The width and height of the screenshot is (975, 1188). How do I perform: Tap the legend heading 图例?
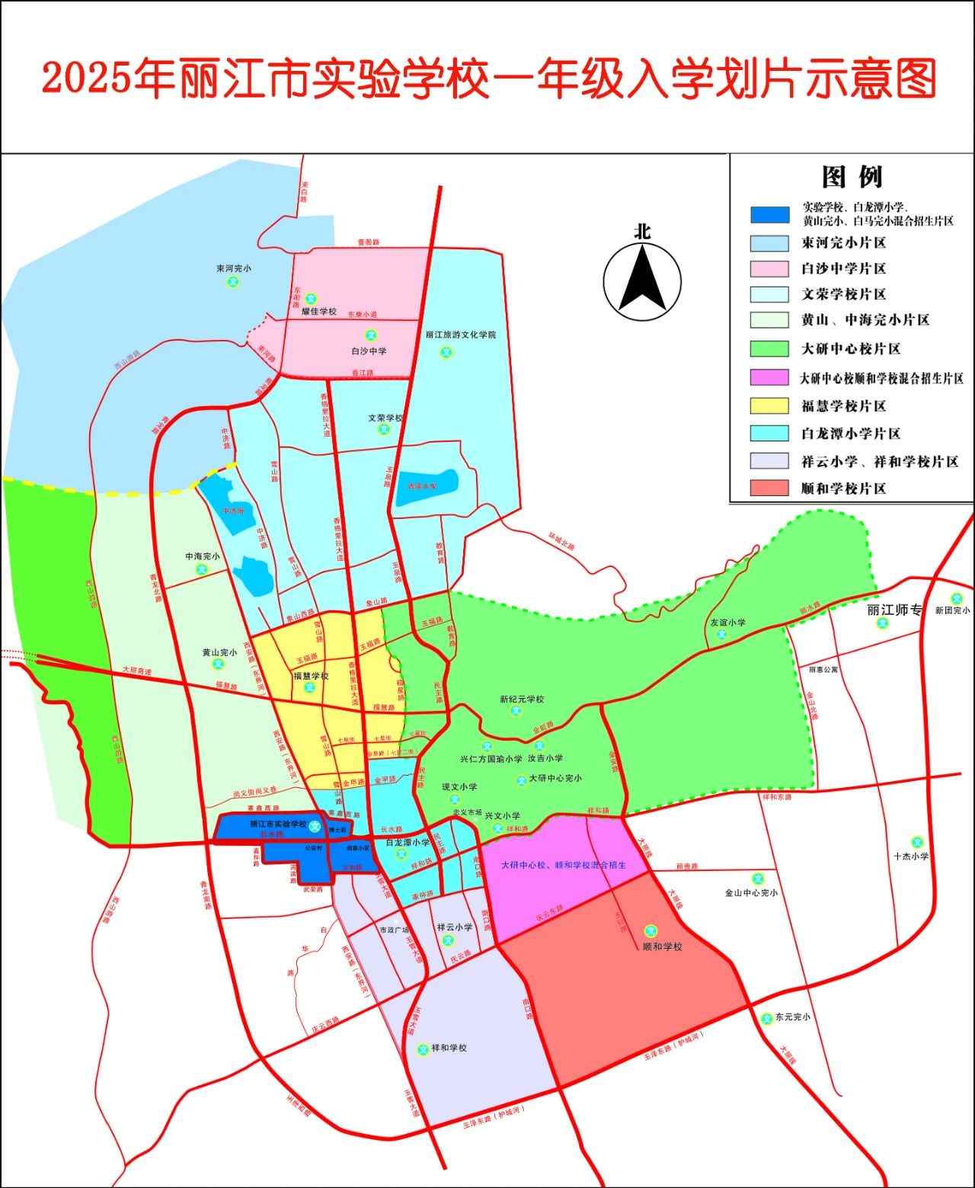click(x=852, y=177)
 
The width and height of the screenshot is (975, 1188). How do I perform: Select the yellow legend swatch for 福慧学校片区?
click(x=769, y=406)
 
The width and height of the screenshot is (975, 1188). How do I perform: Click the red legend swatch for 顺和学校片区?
click(x=769, y=488)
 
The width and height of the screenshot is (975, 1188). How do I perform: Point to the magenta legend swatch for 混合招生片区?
click(x=769, y=378)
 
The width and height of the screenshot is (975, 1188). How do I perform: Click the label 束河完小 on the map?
click(x=233, y=269)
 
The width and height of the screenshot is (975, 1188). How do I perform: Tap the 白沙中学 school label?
click(x=369, y=351)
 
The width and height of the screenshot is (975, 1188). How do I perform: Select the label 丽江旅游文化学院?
click(x=461, y=335)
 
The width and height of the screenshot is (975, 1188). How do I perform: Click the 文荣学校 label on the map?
click(x=385, y=418)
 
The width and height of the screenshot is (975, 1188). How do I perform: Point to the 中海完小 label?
click(x=203, y=556)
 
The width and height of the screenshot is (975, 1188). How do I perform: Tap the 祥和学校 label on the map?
click(x=449, y=1048)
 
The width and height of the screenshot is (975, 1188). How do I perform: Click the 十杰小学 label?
click(x=913, y=856)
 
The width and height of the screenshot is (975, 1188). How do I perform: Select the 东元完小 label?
click(x=792, y=1017)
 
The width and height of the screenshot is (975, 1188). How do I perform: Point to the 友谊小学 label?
click(x=727, y=622)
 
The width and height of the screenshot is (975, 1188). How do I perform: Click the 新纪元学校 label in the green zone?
click(x=522, y=700)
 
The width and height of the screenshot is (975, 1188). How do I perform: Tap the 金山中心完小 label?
click(x=751, y=892)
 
